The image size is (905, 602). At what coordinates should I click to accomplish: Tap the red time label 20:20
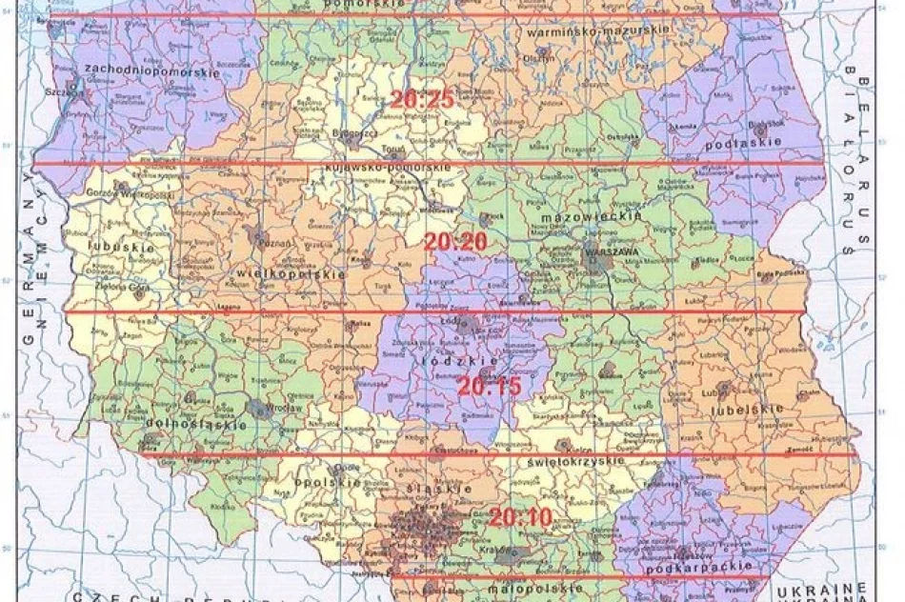tap(455, 243)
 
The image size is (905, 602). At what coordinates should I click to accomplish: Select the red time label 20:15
tap(489, 387)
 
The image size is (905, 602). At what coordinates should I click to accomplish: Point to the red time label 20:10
tap(519, 519)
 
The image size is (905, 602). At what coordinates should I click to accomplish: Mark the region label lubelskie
tap(746, 410)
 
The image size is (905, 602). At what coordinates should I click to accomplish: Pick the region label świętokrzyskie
tap(573, 461)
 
